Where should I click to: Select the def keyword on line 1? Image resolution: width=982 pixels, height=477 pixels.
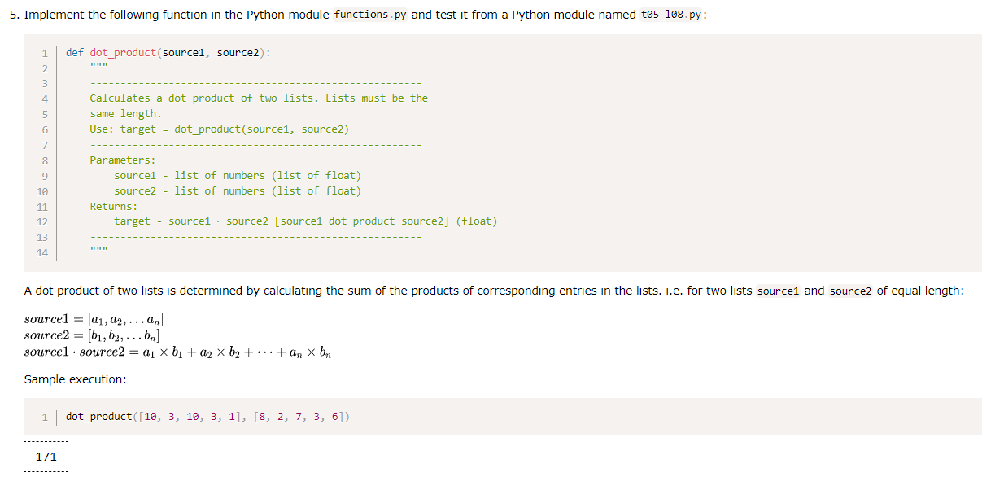(x=75, y=53)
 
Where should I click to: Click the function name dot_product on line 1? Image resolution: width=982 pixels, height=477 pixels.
(x=123, y=53)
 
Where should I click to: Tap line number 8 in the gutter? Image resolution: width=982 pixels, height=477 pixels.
(x=45, y=160)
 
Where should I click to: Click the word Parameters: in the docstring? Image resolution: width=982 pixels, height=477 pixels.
(x=122, y=160)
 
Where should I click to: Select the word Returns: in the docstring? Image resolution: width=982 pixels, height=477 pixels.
(x=114, y=207)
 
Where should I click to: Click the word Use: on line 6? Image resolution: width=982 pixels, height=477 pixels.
(x=102, y=129)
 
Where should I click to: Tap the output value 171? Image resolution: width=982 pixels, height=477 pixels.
(x=46, y=457)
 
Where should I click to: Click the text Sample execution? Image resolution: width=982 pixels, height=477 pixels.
(x=75, y=380)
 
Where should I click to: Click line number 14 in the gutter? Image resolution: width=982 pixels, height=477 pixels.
(x=42, y=253)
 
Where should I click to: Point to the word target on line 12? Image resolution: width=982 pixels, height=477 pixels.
(x=132, y=221)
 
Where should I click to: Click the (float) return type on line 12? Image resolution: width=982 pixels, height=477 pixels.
(x=476, y=221)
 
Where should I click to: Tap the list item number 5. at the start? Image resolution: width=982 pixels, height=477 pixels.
(x=15, y=15)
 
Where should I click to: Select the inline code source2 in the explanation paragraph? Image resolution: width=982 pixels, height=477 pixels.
(x=851, y=291)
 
